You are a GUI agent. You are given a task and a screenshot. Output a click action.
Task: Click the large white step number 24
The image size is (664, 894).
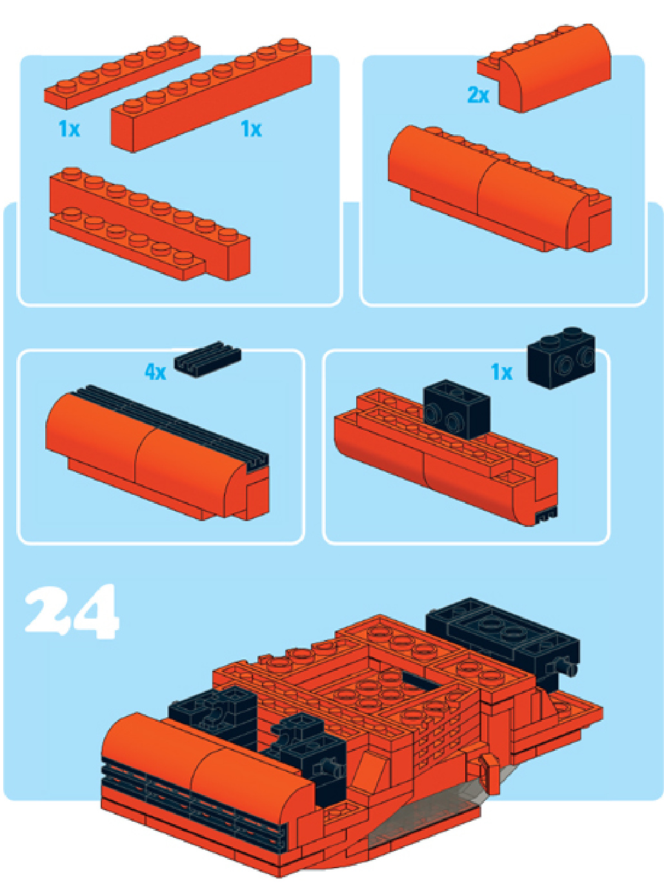coord(72,612)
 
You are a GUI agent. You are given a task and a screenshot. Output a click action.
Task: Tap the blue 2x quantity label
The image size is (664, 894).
coord(478,95)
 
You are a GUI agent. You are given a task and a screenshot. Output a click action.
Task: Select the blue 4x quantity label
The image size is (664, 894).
coord(156,372)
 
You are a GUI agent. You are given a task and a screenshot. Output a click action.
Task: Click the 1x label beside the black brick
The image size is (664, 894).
coord(501,372)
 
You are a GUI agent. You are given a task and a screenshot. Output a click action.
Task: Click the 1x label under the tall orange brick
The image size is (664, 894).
coord(251,129)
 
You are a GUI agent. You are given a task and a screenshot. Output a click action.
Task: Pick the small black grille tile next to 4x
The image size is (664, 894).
coord(207,359)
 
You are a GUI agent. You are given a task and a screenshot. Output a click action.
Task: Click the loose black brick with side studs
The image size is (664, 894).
coord(561,358)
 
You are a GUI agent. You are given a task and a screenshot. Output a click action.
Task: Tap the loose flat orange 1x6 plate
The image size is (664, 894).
coord(122,72)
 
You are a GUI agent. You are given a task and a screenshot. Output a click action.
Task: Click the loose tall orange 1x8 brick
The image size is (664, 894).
coord(212,95)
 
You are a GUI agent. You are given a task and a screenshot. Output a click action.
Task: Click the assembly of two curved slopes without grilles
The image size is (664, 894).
coord(499,188)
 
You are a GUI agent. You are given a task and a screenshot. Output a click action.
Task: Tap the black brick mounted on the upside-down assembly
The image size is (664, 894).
coord(457,409)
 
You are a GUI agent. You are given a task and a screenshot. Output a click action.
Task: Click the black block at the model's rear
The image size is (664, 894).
coord(503,642)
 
